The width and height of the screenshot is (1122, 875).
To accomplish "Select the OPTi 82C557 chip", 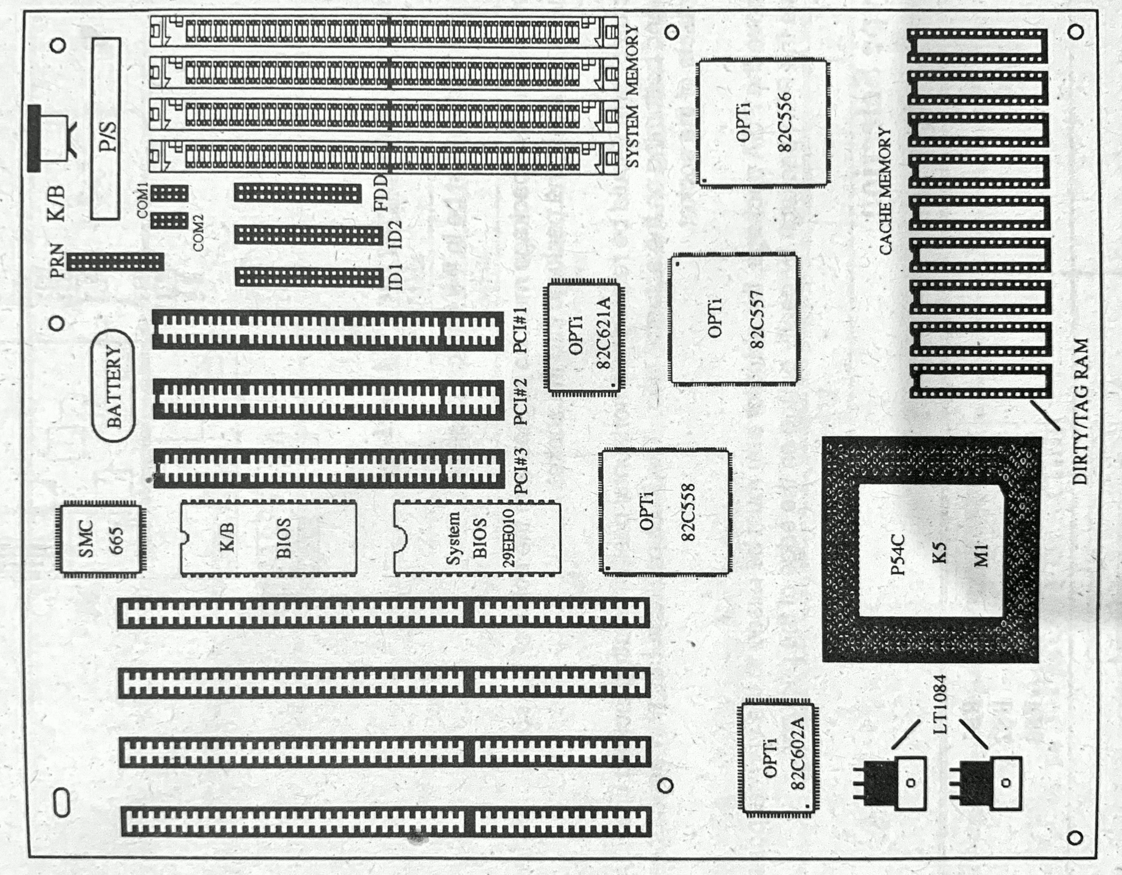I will click(734, 318).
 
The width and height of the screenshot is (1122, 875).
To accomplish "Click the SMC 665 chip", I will click(100, 538).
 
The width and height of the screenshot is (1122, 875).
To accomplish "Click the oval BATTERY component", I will click(113, 385).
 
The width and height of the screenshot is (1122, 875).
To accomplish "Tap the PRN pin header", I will click(116, 262).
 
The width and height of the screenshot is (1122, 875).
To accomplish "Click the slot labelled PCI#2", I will click(329, 400).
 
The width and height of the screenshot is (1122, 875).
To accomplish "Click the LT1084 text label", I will click(940, 704).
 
